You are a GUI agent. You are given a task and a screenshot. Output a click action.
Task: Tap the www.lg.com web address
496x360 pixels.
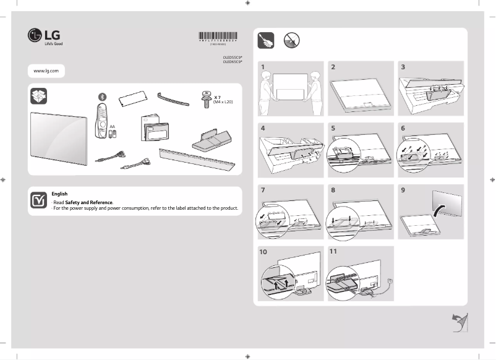click(46, 71)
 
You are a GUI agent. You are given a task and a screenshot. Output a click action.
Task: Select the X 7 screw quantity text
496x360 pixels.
click(218, 97)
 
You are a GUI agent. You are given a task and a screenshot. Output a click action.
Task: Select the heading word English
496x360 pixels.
click(59, 194)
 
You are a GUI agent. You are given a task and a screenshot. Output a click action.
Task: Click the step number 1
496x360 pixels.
click(263, 66)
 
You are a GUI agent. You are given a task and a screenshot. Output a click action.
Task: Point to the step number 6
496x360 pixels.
click(403, 128)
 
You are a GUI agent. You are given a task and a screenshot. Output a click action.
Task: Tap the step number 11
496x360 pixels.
click(334, 252)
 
